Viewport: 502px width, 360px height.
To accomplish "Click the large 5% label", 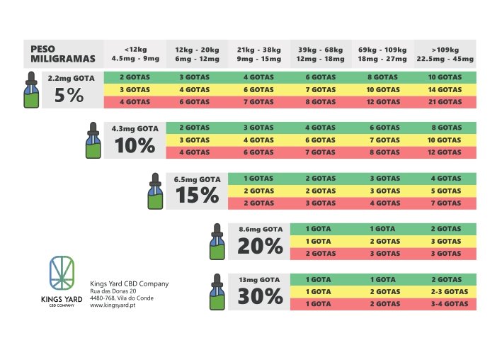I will pos(69,96).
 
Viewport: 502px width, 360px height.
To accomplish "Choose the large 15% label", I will pos(197,195).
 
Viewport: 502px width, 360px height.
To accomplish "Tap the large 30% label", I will pos(261,296).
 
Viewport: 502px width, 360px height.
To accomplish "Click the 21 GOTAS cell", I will pos(445,102).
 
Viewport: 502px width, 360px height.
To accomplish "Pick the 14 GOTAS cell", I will pos(445,89).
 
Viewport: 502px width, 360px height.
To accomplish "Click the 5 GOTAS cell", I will pos(446,191).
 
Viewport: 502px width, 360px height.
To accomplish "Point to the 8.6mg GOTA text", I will pos(261,230).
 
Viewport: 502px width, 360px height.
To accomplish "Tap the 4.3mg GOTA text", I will pos(135,128).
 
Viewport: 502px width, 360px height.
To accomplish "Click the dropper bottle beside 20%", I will pos(216,242).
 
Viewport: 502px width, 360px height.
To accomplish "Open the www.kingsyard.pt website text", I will pos(113,306).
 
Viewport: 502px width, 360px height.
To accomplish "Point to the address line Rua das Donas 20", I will pos(113,291).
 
